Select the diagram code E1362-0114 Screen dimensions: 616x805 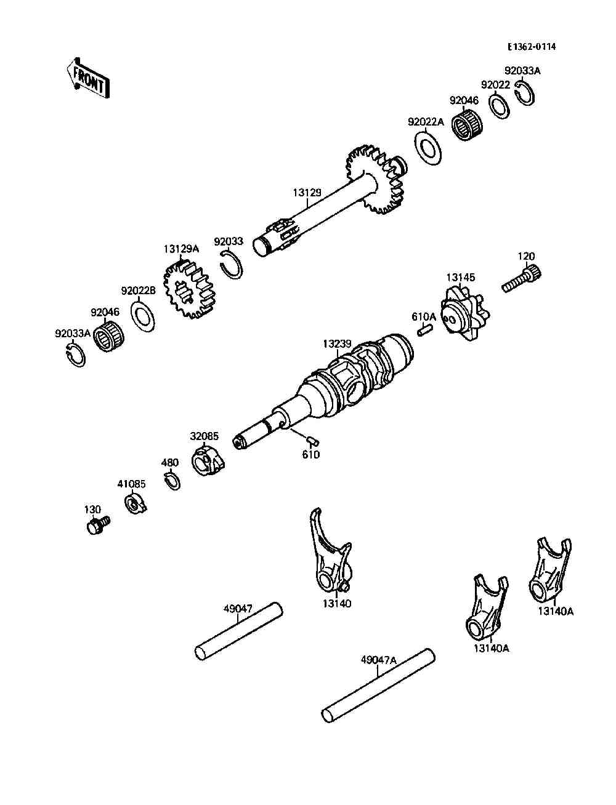pyautogui.click(x=531, y=47)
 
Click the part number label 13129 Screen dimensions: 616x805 pyautogui.click(x=307, y=193)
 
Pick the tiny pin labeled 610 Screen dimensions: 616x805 pyautogui.click(x=311, y=440)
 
